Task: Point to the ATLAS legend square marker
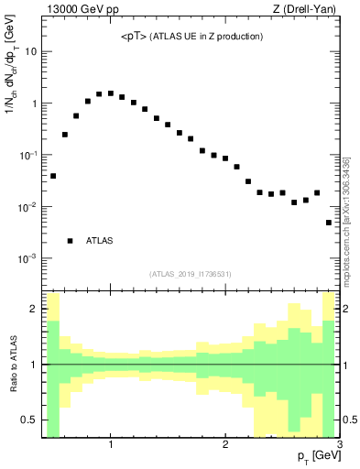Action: point(70,241)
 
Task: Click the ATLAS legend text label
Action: point(99,241)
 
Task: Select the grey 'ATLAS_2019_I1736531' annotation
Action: point(191,274)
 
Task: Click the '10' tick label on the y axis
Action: point(30,51)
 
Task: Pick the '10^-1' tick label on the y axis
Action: point(27,155)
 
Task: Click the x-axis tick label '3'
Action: point(339,444)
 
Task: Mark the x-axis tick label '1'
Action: point(111,444)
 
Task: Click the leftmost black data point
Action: point(53,176)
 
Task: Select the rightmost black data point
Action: point(329,223)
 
